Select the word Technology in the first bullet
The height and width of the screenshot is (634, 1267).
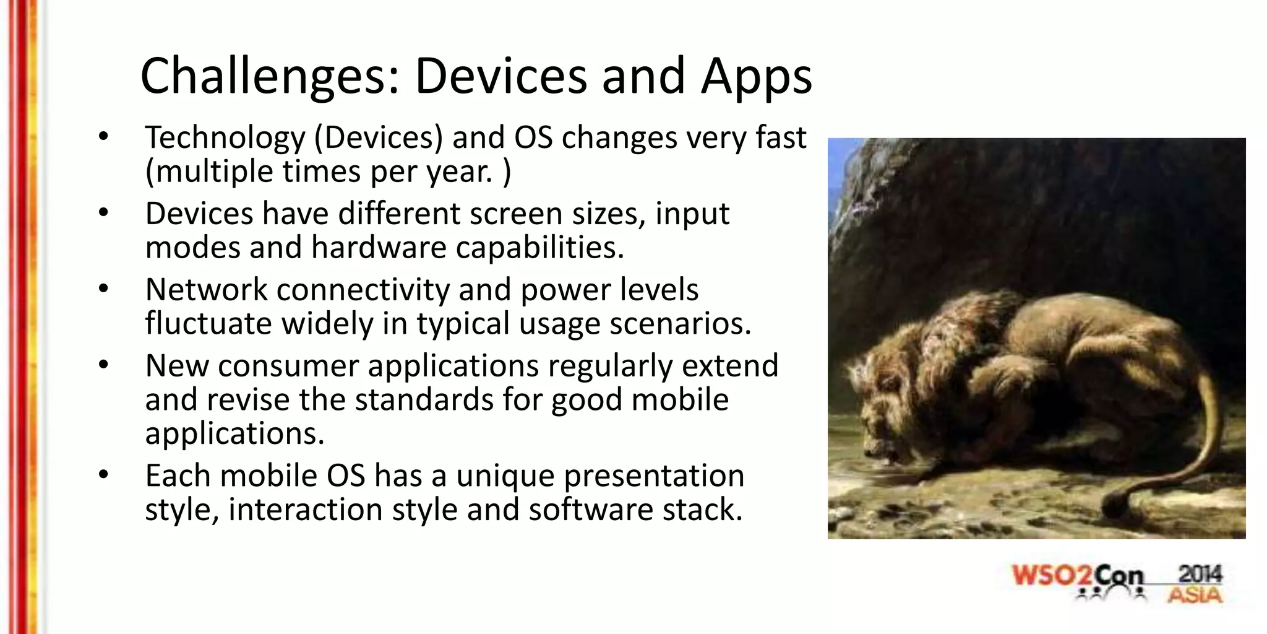(x=225, y=137)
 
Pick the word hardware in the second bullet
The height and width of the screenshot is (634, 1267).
(x=379, y=248)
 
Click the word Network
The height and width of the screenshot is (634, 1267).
(x=206, y=290)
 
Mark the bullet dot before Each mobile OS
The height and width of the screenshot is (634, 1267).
(x=103, y=475)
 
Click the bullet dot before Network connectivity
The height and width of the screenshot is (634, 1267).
(x=103, y=289)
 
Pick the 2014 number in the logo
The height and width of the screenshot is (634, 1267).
(x=1200, y=574)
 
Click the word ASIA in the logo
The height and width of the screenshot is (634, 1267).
(x=1195, y=596)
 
